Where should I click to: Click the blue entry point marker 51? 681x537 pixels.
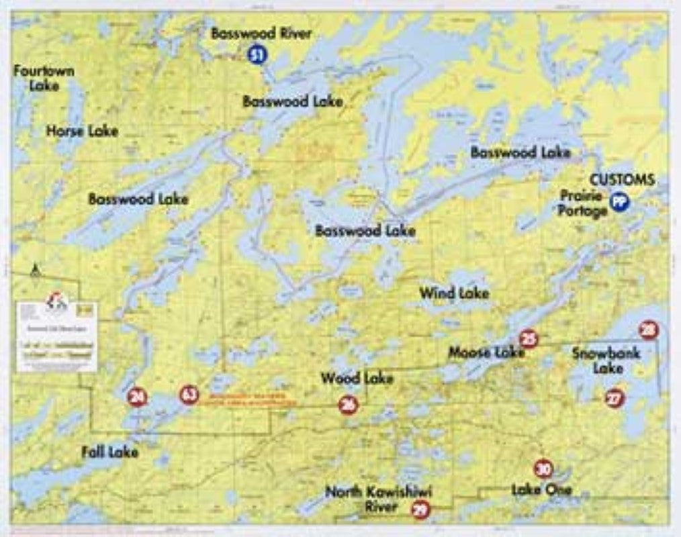click(x=256, y=54)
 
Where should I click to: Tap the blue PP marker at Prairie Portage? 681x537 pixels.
click(x=619, y=201)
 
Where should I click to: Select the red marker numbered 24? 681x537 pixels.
click(x=138, y=397)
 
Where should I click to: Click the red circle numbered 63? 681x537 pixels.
click(x=189, y=395)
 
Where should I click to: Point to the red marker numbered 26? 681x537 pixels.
click(x=348, y=404)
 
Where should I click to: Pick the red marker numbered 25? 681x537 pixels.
click(x=529, y=340)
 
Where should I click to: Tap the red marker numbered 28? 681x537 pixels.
click(x=648, y=330)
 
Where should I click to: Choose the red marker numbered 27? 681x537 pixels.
click(x=614, y=398)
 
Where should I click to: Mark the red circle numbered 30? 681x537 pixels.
click(x=543, y=469)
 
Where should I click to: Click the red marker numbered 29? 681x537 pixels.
click(x=420, y=510)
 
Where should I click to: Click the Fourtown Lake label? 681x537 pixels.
click(x=44, y=78)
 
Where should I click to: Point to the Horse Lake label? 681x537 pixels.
click(x=82, y=131)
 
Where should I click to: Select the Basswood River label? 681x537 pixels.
click(x=261, y=34)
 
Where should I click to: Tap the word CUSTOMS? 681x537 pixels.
click(x=622, y=180)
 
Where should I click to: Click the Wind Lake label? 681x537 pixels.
click(x=454, y=293)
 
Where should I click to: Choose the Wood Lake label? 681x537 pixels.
click(x=357, y=379)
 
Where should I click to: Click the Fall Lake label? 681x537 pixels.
click(x=109, y=452)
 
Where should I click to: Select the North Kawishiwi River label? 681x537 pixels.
click(x=379, y=499)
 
